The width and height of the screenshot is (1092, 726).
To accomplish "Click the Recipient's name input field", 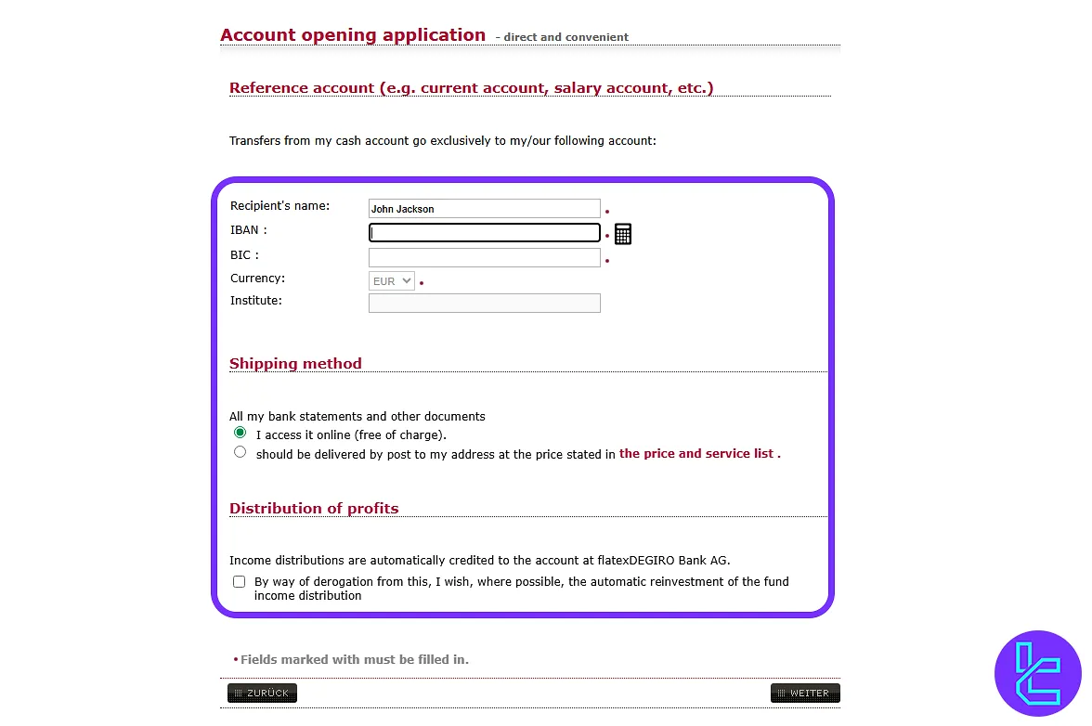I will (x=484, y=209).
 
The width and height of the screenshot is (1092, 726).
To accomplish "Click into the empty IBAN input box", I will (x=484, y=233).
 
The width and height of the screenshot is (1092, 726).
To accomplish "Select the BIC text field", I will (x=484, y=257).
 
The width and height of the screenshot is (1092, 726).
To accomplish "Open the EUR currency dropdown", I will (x=391, y=281).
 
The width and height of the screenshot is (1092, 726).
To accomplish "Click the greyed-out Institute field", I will (x=484, y=303).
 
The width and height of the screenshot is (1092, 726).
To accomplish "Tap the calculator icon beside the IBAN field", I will (x=623, y=234).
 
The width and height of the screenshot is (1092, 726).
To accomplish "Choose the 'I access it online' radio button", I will (x=240, y=434).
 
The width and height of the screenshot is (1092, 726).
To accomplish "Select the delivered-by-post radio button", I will (x=240, y=452).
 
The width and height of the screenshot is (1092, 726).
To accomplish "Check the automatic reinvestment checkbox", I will (x=240, y=582).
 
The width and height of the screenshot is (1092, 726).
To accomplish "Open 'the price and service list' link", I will (x=699, y=454).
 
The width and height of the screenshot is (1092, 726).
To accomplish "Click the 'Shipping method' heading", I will (x=295, y=364).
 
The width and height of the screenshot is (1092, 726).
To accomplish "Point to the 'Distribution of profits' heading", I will (x=314, y=509).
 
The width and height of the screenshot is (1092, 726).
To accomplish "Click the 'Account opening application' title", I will (x=353, y=35).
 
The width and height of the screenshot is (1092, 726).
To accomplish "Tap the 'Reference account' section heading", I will (x=471, y=88).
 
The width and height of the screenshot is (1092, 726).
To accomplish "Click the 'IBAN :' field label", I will (x=248, y=230).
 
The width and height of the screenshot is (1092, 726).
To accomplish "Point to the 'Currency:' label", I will (x=257, y=279).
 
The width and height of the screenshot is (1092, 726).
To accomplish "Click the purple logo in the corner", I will (x=1037, y=673).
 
